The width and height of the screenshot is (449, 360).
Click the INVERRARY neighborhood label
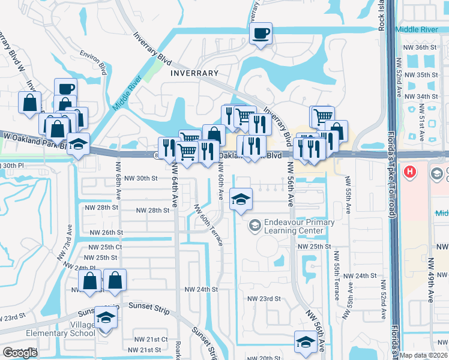pos(194,73)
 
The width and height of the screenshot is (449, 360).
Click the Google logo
pos(20,353)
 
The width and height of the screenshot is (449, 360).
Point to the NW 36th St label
pos(421,47)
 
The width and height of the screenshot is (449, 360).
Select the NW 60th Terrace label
pos(208,225)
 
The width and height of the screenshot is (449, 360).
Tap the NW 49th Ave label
pos(430,280)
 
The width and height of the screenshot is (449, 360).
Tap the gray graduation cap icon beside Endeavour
pos(255,225)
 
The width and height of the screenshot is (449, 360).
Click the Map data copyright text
pos(424,355)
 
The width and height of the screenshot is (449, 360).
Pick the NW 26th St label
pos(106,232)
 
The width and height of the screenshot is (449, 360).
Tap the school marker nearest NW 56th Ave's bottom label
pos(306,343)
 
